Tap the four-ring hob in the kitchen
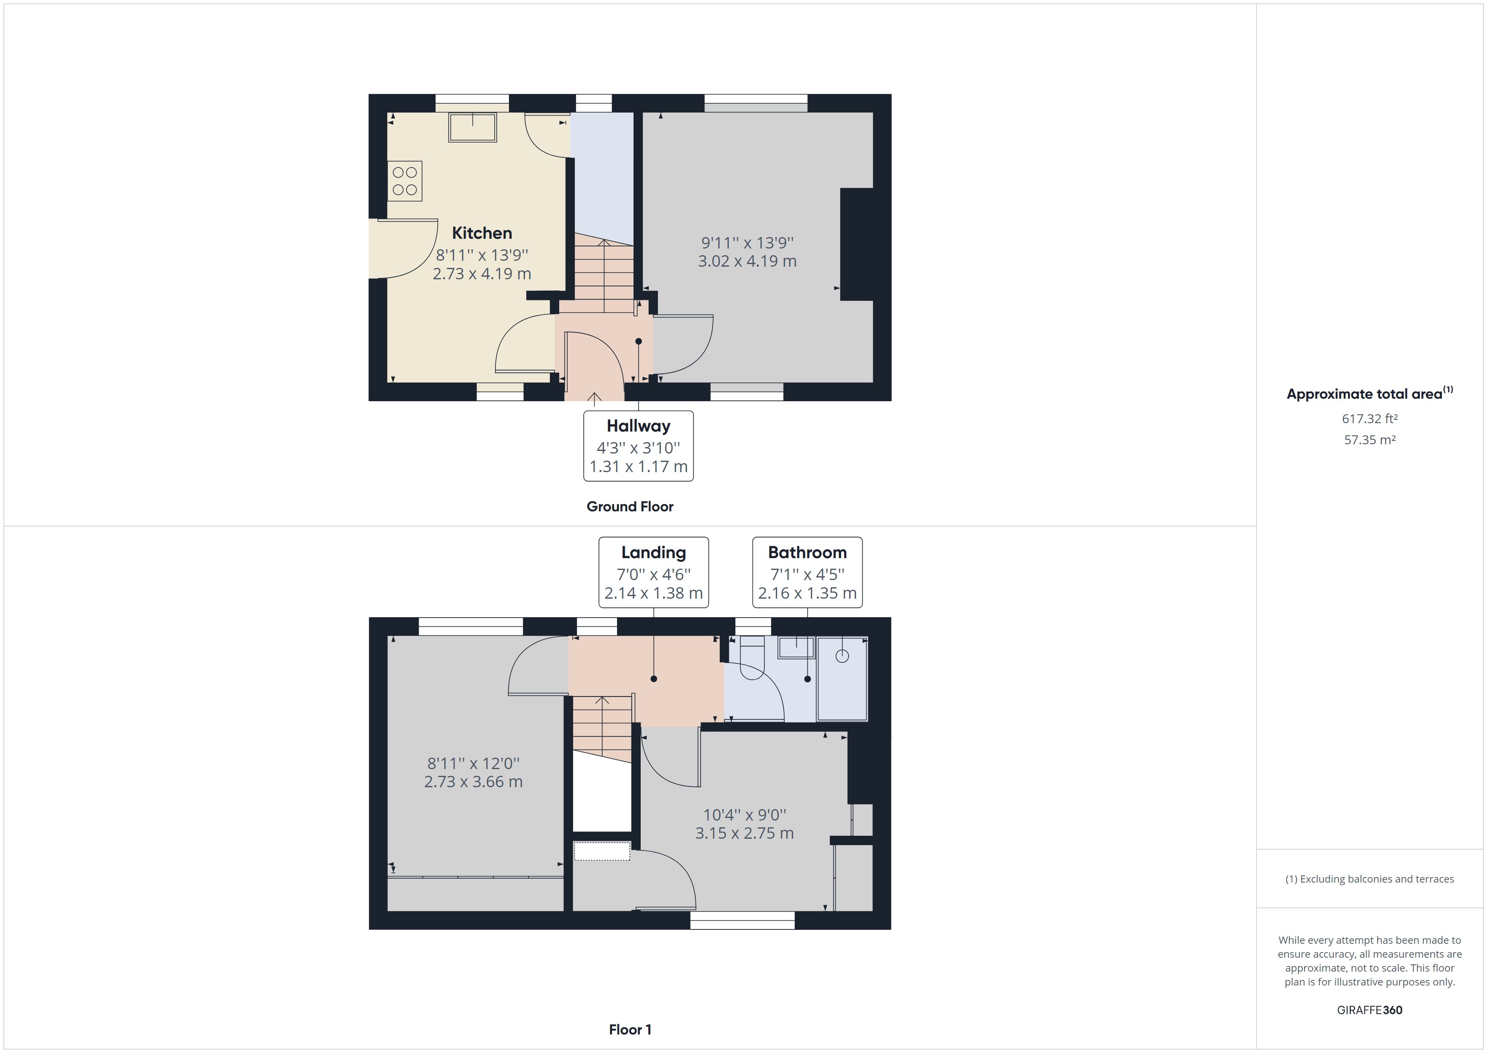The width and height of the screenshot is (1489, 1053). tap(405, 181)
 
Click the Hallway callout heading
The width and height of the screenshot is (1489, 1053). tap(638, 426)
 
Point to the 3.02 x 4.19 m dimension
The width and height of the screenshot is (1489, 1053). tap(747, 261)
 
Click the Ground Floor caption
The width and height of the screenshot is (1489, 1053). tap(630, 506)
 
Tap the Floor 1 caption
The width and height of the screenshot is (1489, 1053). tap(630, 1030)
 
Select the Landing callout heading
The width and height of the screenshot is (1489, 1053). tap(653, 552)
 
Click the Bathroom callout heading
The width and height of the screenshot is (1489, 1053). tap(807, 552)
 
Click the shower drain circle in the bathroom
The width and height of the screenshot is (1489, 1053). tap(842, 656)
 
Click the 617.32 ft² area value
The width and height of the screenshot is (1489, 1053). tap(1369, 419)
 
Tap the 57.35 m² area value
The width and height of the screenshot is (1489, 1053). tap(1369, 440)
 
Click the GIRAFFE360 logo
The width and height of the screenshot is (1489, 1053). tap(1369, 1010)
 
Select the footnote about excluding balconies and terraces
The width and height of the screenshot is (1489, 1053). tap(1369, 879)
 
